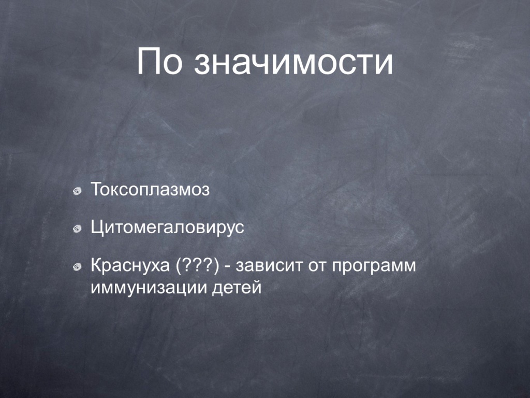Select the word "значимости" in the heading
coord(293,63)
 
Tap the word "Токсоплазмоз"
coord(151,190)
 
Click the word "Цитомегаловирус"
coord(167,228)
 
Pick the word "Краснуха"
coord(130,266)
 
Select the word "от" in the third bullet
coord(317,267)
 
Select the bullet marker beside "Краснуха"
coord(78,267)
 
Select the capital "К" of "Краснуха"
coord(97,266)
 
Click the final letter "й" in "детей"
coord(257,287)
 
